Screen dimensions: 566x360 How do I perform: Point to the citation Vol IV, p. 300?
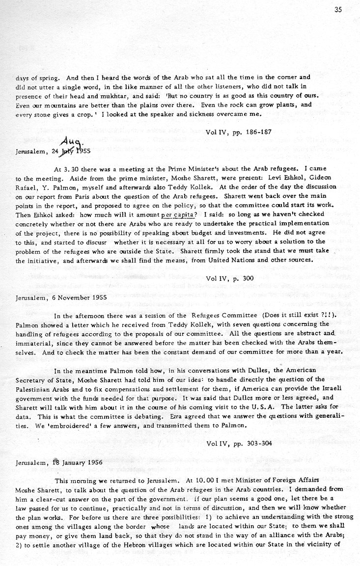pos(230,278)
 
